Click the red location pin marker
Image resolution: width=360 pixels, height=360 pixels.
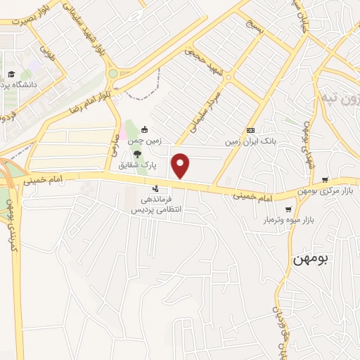pos(181,166)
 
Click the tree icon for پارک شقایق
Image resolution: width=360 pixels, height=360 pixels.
pos(138,155)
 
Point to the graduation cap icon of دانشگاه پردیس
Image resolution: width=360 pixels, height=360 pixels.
pos(11,74)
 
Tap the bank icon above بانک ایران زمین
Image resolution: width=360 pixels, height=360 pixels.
pos(250,131)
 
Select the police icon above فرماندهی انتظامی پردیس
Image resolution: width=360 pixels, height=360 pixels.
pos(155,188)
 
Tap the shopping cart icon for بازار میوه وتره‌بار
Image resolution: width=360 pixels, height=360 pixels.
pos(288,210)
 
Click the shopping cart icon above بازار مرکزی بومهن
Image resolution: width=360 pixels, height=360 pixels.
pos(324,180)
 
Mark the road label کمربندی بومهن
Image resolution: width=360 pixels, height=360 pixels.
pos(11,219)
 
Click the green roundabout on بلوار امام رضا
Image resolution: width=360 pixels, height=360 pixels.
pos(112,73)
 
